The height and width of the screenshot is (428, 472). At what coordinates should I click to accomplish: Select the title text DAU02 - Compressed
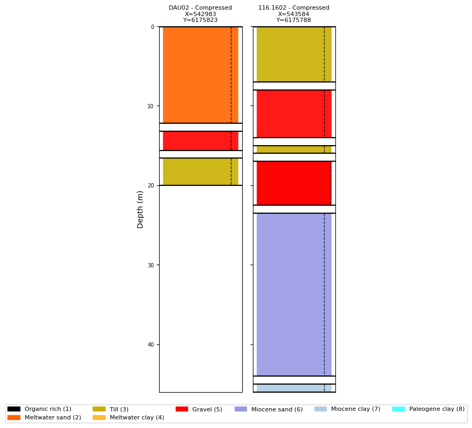200,8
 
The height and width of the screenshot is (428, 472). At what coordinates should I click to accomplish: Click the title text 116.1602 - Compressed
294,8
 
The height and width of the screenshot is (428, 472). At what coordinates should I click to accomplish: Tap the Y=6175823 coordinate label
200,20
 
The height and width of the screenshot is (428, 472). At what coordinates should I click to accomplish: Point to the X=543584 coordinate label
294,14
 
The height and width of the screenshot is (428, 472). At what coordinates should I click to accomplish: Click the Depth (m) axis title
141,209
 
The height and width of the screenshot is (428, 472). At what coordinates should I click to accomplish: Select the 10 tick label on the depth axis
151,107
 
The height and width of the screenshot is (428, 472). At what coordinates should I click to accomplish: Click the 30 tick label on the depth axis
151,265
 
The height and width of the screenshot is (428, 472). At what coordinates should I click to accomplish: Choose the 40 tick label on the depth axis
151,344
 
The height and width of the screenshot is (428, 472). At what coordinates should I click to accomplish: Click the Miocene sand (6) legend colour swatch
241,409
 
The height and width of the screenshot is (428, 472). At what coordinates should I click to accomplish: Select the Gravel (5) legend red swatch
182,409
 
